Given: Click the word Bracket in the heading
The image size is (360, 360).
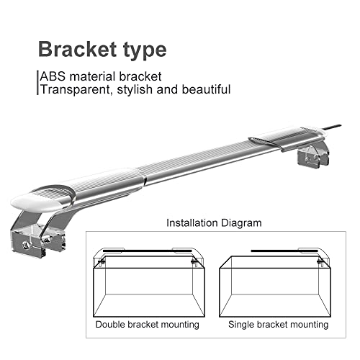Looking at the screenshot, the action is click(78, 49).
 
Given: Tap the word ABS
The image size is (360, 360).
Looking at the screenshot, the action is click(53, 76).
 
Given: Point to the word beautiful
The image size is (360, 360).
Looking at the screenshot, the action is click(206, 89).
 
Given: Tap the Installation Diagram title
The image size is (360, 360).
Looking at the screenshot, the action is click(214, 223).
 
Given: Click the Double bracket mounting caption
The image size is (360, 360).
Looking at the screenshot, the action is click(148, 325).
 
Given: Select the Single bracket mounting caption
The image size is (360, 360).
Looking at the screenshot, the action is click(278, 325).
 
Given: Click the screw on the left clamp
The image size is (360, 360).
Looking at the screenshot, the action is click(25, 245).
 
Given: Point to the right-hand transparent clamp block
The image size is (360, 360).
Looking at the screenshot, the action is click(312, 157).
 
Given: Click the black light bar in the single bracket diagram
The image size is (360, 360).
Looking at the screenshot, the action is click(284, 251).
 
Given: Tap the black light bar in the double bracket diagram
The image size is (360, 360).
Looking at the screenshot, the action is click(148, 251).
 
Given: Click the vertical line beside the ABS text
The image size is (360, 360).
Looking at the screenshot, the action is click(37, 83).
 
